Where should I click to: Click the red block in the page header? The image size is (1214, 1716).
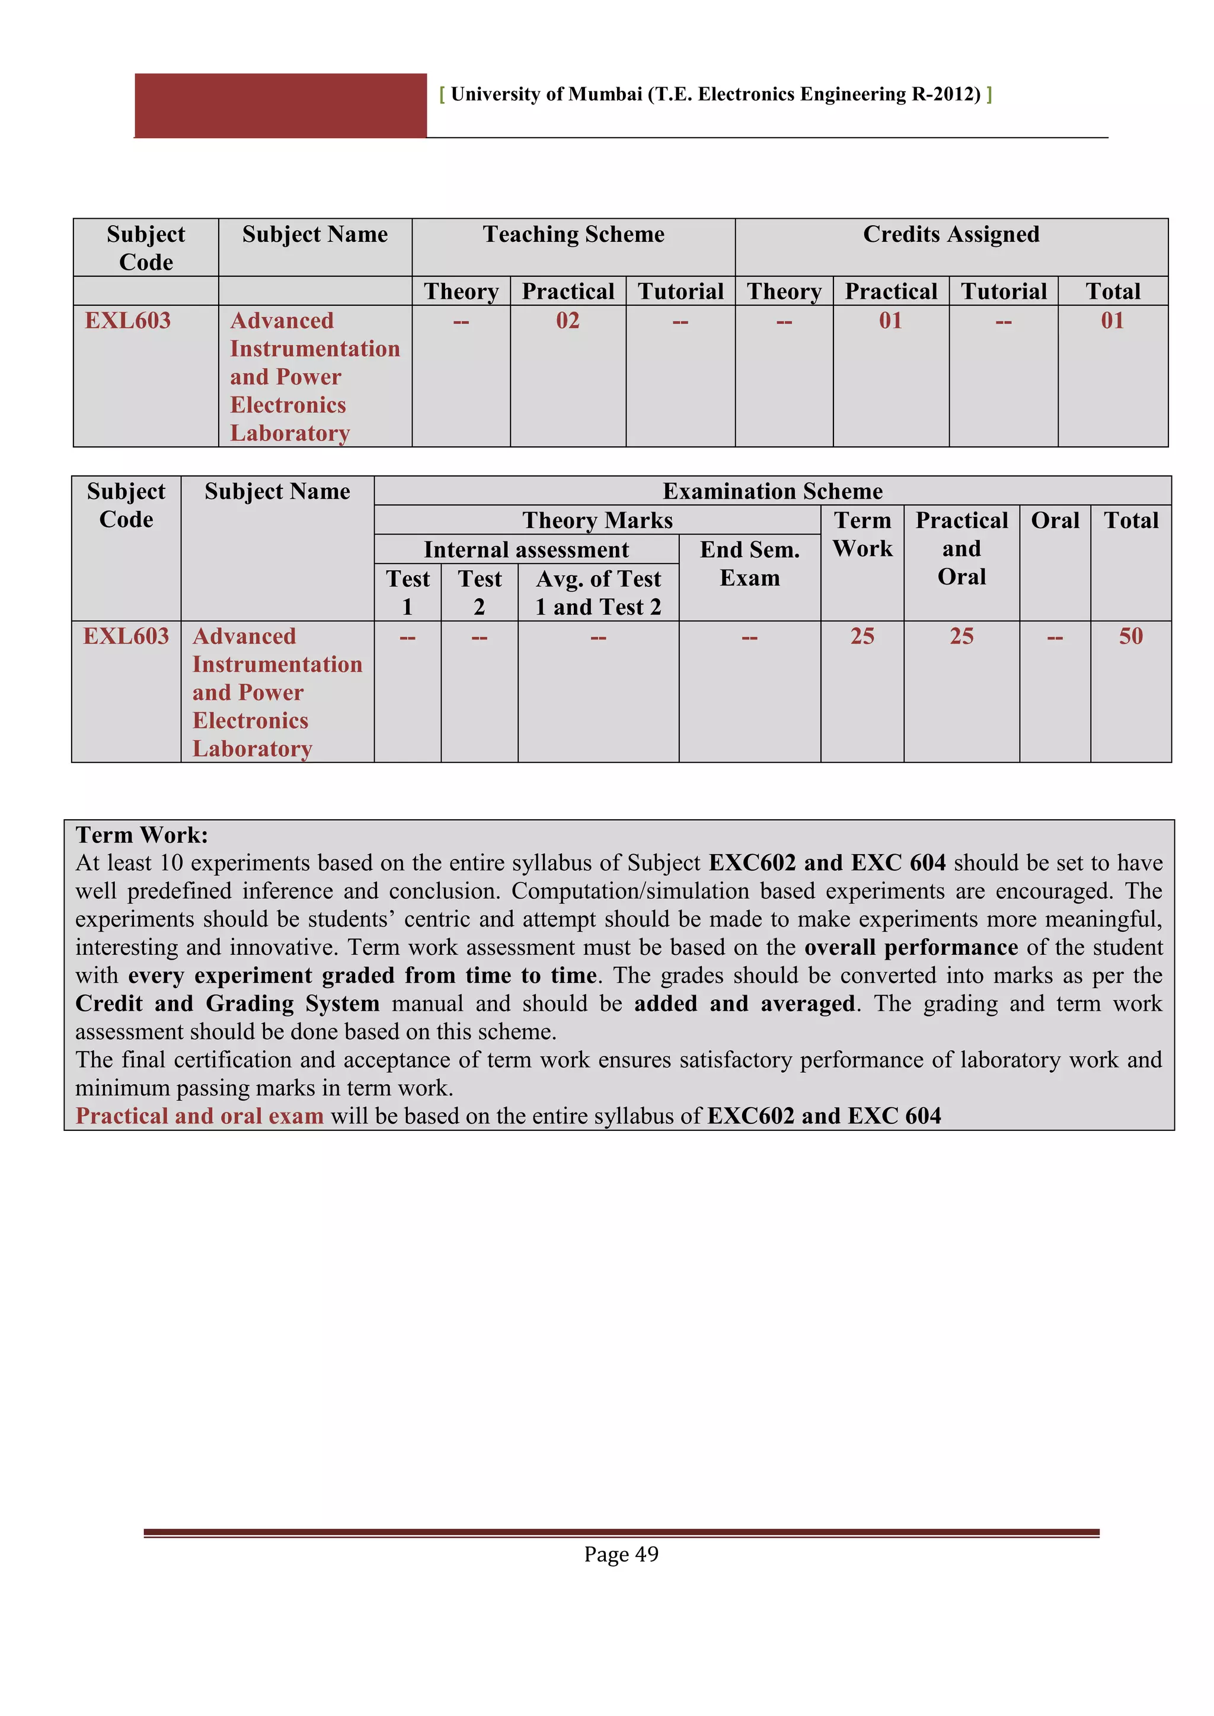click(x=280, y=106)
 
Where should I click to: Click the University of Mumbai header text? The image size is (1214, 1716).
click(x=715, y=94)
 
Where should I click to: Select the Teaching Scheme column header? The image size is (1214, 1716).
click(x=573, y=235)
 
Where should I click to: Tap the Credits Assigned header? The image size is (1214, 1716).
click(x=951, y=235)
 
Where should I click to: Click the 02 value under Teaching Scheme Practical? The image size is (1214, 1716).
click(x=567, y=321)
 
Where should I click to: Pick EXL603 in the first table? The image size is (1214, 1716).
click(x=128, y=321)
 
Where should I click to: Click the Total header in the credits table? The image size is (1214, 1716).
click(x=1112, y=292)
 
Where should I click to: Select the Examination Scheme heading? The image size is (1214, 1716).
click(x=772, y=491)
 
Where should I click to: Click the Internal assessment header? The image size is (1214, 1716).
click(x=526, y=550)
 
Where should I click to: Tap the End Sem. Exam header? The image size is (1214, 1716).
click(x=749, y=564)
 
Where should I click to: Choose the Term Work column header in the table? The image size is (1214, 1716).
click(x=862, y=535)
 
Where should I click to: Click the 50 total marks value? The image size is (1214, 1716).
click(x=1130, y=637)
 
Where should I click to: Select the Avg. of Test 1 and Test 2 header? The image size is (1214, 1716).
click(x=598, y=593)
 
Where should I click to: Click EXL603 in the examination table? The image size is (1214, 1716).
click(x=126, y=637)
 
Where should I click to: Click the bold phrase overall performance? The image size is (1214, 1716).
click(x=910, y=948)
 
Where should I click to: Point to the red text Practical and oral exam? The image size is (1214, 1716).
click(x=200, y=1116)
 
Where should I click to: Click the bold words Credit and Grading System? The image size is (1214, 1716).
click(x=227, y=1004)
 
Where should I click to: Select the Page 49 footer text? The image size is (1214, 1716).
click(x=621, y=1554)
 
